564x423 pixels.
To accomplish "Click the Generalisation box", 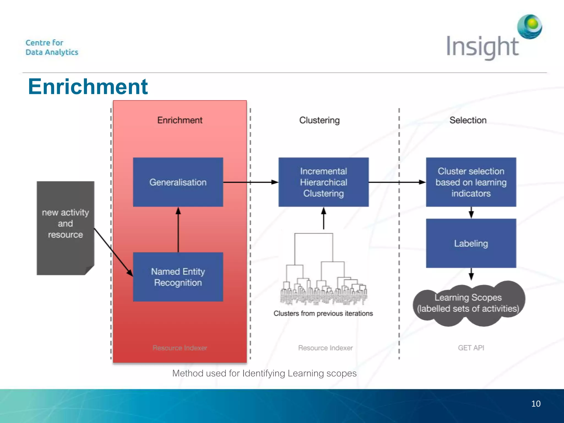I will (178, 182).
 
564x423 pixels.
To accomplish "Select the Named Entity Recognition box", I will (178, 277).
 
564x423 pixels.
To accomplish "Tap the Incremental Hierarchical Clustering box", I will (323, 182).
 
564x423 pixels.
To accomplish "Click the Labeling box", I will (471, 243).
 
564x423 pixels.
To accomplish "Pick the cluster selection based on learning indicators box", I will (471, 182).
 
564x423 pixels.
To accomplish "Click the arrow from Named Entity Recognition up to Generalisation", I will (178, 229).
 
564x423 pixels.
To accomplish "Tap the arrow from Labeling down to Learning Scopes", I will (471, 274).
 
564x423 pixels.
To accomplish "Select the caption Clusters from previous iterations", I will (323, 313).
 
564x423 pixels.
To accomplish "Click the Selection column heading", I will (468, 120).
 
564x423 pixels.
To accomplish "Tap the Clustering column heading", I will (319, 120).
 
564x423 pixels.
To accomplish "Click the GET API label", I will (471, 348).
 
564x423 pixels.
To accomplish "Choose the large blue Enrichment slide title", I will (88, 86).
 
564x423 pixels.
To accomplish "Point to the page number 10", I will (536, 404).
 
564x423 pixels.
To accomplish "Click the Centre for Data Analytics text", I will (52, 47).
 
